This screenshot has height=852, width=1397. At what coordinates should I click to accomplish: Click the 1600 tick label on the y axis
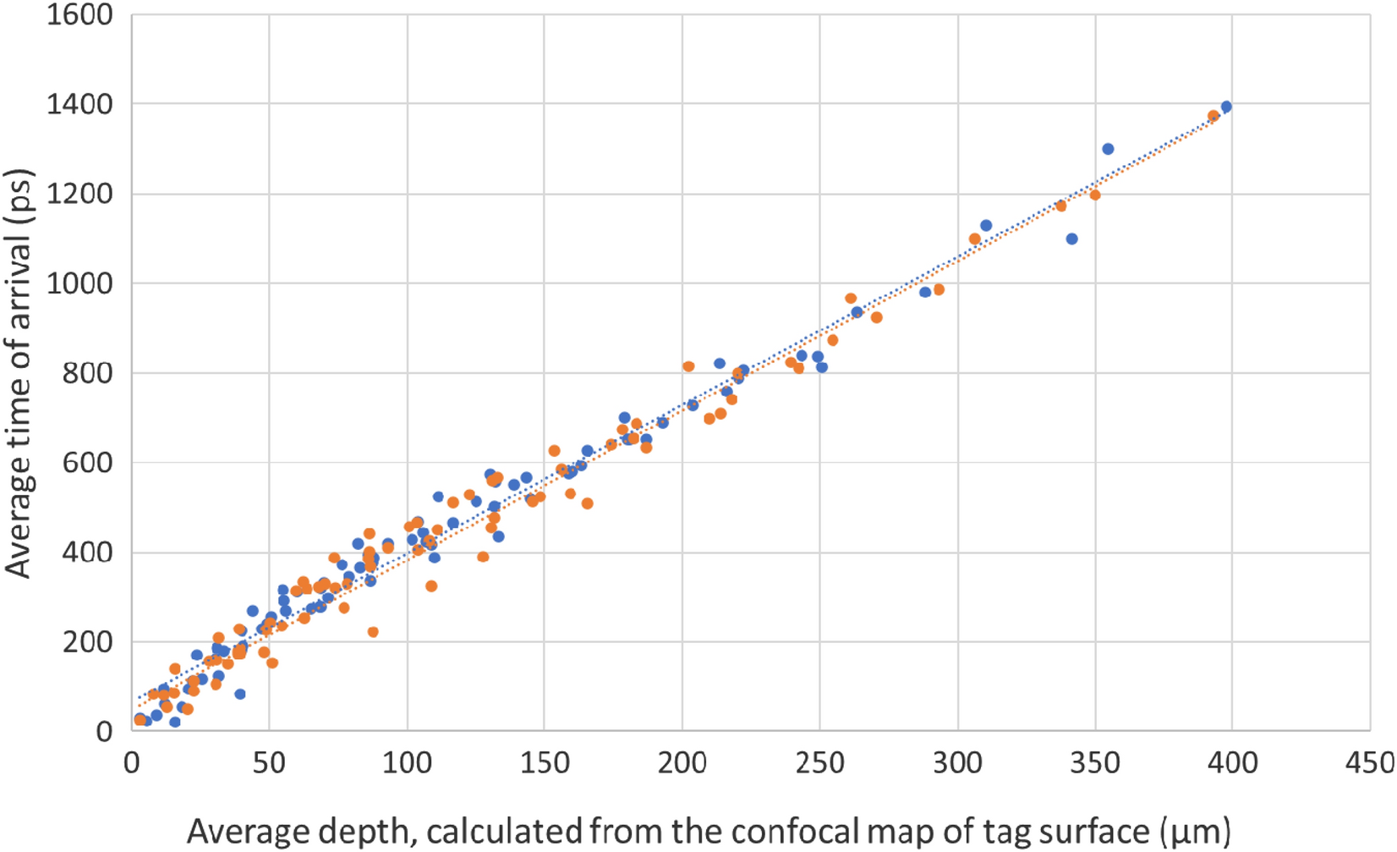(x=79, y=14)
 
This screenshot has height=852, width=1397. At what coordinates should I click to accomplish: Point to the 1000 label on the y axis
(x=79, y=283)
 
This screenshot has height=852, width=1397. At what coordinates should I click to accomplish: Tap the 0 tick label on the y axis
(x=103, y=732)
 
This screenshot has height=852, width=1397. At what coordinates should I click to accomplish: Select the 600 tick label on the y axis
(x=87, y=463)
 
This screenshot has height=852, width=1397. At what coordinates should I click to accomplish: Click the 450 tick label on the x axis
(x=1370, y=763)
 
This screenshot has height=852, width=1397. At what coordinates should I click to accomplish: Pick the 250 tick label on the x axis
(x=819, y=763)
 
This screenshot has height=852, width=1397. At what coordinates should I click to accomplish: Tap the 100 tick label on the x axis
(x=407, y=763)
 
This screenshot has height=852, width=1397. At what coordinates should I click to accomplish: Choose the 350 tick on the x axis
(x=1095, y=763)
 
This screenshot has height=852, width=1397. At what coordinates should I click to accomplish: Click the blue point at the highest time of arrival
(x=1226, y=107)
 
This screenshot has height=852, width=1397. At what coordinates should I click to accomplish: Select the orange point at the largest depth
(x=1213, y=116)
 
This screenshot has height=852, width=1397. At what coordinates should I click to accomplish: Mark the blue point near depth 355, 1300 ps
(x=1108, y=149)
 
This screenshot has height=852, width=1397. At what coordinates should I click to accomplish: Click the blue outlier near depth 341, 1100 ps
(x=1071, y=239)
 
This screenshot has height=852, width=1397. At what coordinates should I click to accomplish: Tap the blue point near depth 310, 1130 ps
(x=986, y=225)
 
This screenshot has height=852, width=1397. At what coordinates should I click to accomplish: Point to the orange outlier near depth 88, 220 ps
(x=373, y=632)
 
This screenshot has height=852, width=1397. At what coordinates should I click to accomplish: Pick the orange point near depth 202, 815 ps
(x=688, y=366)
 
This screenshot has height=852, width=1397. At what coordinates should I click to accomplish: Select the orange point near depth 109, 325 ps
(x=431, y=585)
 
